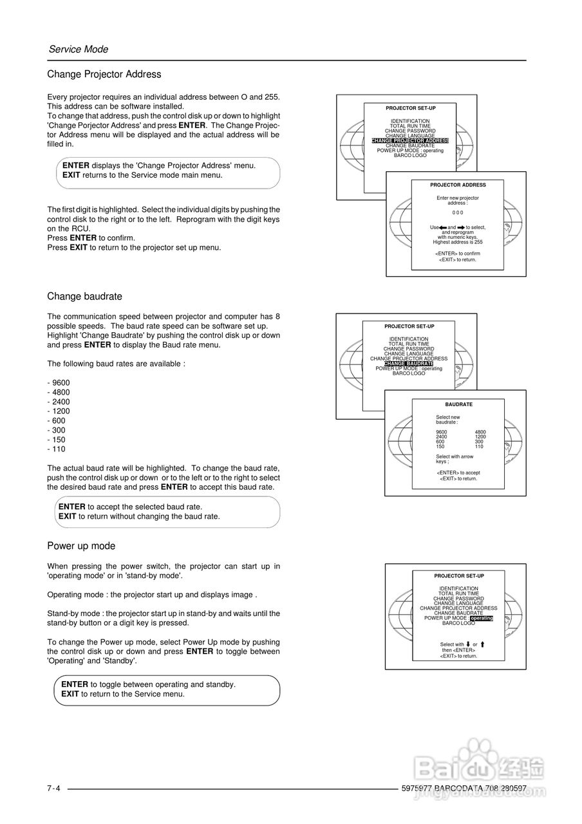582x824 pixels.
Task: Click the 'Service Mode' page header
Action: (x=79, y=50)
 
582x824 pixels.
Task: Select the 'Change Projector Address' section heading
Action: (x=104, y=75)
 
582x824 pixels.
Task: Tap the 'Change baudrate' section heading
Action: (x=84, y=297)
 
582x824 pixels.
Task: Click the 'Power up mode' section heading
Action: (x=81, y=546)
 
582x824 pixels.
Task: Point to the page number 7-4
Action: (x=53, y=789)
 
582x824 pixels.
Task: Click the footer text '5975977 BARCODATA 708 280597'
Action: (x=464, y=789)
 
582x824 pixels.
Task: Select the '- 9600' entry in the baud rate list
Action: (x=59, y=383)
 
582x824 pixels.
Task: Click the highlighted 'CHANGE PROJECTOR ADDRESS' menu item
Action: (x=410, y=140)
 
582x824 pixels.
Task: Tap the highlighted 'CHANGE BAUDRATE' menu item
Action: (x=409, y=364)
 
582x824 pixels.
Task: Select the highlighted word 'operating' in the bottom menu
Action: (x=482, y=618)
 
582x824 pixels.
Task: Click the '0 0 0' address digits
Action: (x=458, y=212)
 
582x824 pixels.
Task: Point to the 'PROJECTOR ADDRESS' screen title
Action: (x=458, y=185)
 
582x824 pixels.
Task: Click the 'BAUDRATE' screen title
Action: (x=458, y=404)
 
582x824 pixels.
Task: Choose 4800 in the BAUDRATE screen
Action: (x=480, y=432)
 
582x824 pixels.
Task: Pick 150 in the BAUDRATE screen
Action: (x=440, y=446)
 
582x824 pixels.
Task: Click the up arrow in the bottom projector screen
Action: (x=482, y=644)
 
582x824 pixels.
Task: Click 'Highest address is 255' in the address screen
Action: (x=458, y=242)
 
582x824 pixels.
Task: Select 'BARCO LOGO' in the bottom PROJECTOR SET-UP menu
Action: (x=459, y=623)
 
